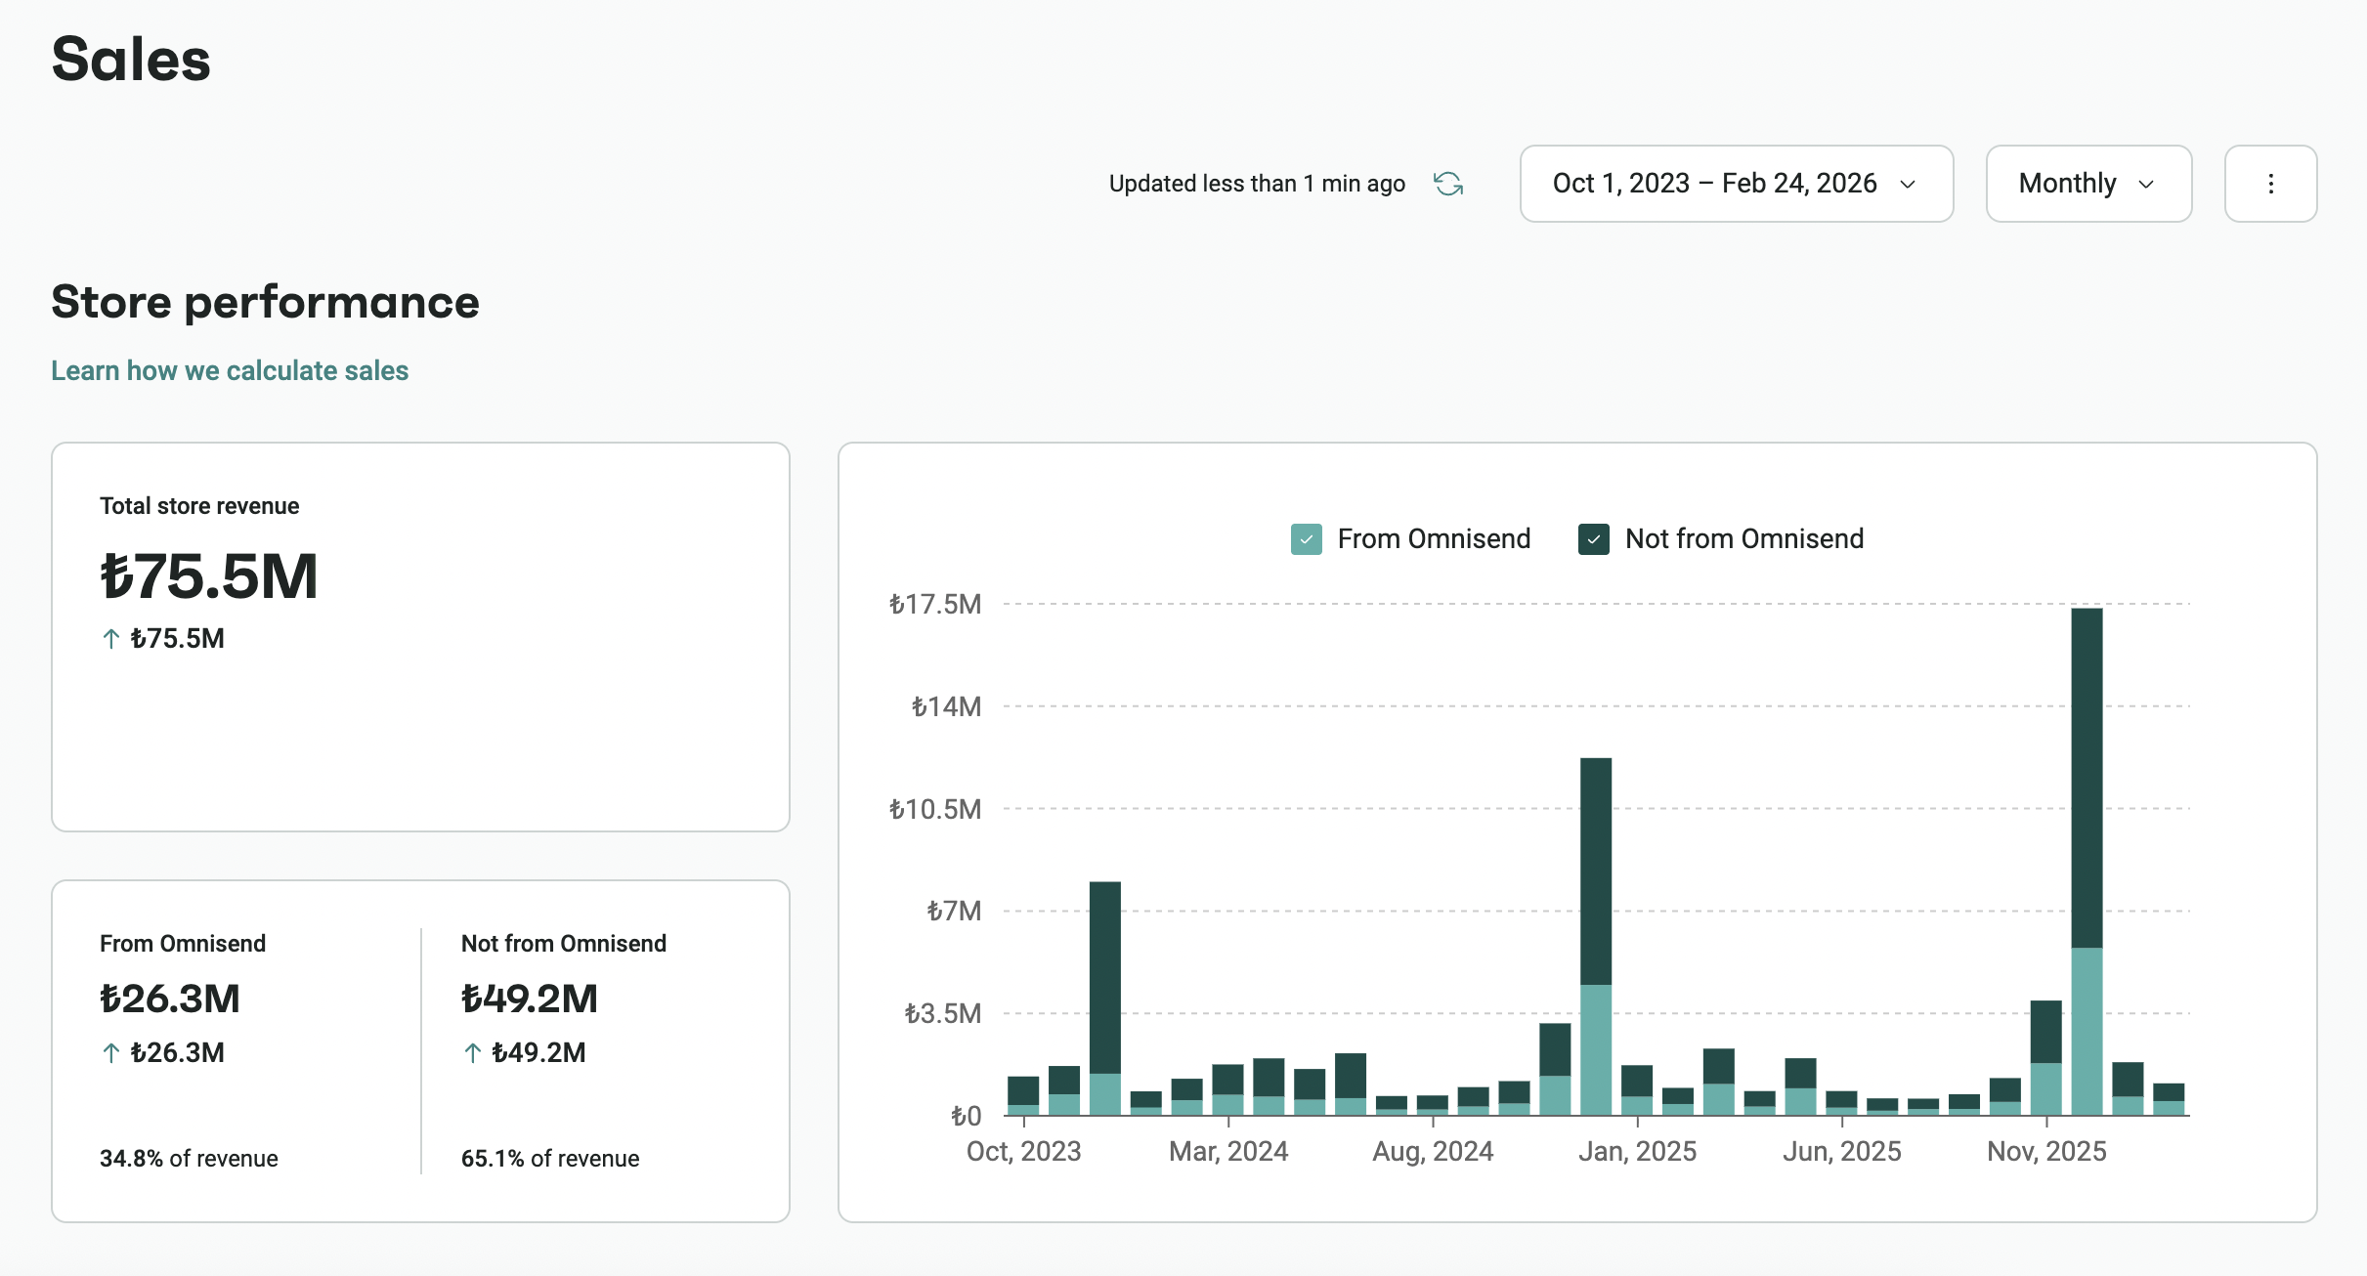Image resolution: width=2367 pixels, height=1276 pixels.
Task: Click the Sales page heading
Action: pyautogui.click(x=131, y=59)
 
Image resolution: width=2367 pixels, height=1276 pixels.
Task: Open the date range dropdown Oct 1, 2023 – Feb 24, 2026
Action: pyautogui.click(x=1735, y=184)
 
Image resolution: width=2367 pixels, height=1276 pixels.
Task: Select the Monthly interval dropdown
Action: pyautogui.click(x=2087, y=184)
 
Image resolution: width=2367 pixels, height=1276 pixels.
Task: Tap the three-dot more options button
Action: pyautogui.click(x=2270, y=184)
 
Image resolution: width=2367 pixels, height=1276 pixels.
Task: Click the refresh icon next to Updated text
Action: pyautogui.click(x=1447, y=184)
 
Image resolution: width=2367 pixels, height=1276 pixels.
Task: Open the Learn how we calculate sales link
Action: pyautogui.click(x=230, y=371)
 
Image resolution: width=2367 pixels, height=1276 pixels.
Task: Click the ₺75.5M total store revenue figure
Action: pyautogui.click(x=209, y=576)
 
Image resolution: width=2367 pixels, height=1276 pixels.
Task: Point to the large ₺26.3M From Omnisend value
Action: pyautogui.click(x=170, y=999)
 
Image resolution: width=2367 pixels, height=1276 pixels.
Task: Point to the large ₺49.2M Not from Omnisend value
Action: pyautogui.click(x=530, y=999)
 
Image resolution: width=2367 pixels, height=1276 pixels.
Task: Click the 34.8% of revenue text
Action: pyautogui.click(x=189, y=1159)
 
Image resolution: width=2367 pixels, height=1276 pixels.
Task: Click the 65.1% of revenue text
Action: pyautogui.click(x=550, y=1159)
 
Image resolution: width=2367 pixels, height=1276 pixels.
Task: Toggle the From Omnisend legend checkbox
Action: pyautogui.click(x=1307, y=539)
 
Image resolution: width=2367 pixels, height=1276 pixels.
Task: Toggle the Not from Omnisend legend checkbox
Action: pyautogui.click(x=1594, y=539)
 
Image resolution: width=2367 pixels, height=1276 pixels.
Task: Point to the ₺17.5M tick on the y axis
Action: pyautogui.click(x=935, y=605)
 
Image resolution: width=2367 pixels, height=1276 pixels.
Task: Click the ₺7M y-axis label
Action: pyautogui.click(x=954, y=912)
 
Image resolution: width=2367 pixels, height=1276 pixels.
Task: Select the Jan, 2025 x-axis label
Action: pyautogui.click(x=1637, y=1152)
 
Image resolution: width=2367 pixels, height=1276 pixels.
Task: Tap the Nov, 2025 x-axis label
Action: pyautogui.click(x=2046, y=1152)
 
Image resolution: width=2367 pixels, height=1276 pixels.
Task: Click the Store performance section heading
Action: pyautogui.click(x=265, y=302)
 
